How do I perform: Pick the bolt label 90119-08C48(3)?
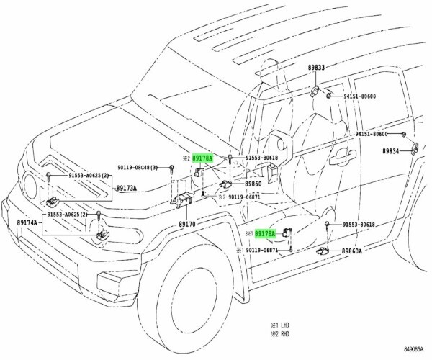pos(149,167)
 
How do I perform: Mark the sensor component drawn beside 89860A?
pos(322,251)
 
